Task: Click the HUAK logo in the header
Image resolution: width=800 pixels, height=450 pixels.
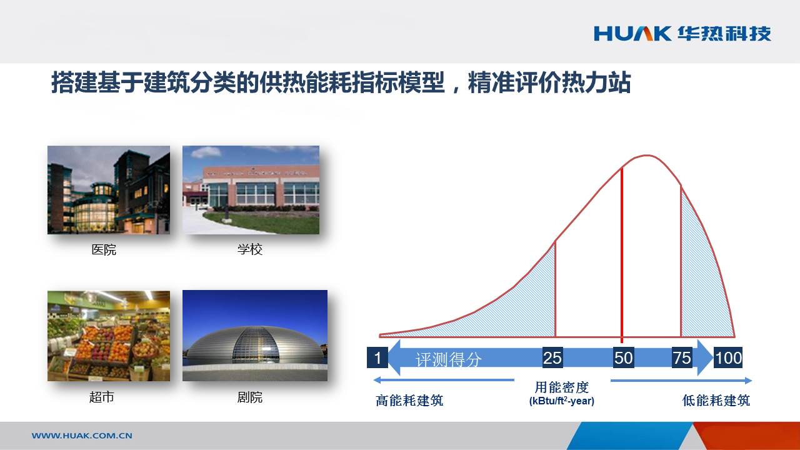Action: coord(682,34)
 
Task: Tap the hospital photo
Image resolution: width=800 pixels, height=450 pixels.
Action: coord(109,190)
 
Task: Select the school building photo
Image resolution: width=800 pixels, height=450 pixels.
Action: coord(251,190)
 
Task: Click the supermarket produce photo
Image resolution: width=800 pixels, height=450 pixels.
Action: coord(109,336)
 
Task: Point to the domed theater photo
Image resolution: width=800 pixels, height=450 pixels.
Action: coord(255,336)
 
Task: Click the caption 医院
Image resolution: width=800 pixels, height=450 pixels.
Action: coord(104,249)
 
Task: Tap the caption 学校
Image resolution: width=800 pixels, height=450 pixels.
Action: coord(250,249)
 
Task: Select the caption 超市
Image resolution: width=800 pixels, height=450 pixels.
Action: coord(102,397)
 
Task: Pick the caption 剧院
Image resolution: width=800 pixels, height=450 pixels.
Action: coord(250,397)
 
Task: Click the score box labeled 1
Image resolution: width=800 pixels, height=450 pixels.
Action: coord(377,357)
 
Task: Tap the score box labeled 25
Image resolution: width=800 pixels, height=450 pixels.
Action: coord(552,357)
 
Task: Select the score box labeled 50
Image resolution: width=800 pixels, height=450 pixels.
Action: coord(623,357)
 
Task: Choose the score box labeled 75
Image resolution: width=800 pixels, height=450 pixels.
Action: coord(682,357)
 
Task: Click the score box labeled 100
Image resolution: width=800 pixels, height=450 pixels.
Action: coord(728,357)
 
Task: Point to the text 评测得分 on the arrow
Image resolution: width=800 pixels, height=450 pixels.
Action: coord(449,359)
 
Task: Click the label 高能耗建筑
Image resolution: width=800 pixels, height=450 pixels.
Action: coord(409,401)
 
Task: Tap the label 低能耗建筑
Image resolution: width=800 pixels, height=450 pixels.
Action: coord(716,401)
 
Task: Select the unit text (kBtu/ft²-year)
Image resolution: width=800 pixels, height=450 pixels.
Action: coord(562,401)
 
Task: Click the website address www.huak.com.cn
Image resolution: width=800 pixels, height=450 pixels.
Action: coord(82,436)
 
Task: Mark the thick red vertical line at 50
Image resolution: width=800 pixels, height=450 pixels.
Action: coord(622,255)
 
